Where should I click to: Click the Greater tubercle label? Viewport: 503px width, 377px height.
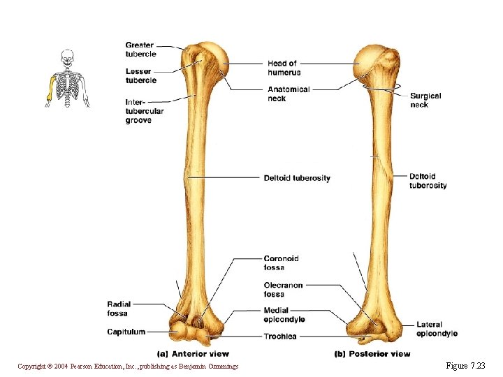pos(140,50)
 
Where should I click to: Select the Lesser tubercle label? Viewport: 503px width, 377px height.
pos(140,76)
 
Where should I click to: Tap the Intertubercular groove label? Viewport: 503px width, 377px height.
pos(145,111)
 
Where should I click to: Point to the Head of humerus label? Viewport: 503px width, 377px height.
pos(284,68)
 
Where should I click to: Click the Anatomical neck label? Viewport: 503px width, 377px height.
pos(288,94)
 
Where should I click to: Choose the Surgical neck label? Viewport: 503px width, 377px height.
pos(425,100)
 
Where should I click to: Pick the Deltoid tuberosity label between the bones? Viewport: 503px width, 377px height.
pos(297,178)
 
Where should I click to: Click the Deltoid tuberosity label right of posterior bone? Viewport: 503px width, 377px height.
pos(428,181)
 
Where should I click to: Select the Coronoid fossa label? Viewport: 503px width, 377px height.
pos(281,263)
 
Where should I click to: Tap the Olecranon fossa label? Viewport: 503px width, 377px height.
pos(283,289)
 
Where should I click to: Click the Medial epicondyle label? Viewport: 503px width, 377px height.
pos(284,315)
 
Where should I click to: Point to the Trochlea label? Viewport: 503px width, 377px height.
pos(280,337)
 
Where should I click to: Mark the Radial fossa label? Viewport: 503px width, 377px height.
pos(118,309)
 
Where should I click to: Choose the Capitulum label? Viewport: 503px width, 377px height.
pos(126,332)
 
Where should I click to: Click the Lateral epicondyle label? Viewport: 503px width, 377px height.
pos(437,329)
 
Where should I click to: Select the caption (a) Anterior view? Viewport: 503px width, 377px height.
pos(194,354)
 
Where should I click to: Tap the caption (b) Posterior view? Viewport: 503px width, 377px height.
pos(372,354)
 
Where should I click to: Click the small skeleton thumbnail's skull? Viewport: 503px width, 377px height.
pos(67,56)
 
